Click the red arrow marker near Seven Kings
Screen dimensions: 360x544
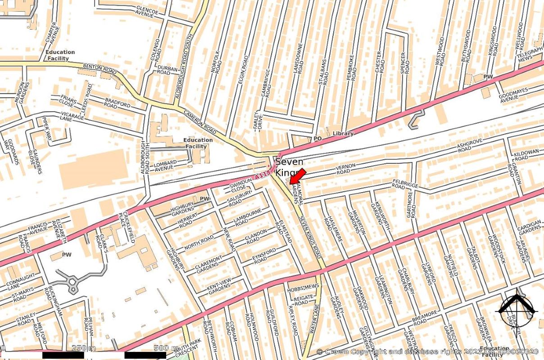[x=297, y=176]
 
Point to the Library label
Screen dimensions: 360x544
[x=343, y=134]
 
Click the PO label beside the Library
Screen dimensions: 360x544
[x=317, y=139]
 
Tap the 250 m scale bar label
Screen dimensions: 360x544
[x=84, y=348]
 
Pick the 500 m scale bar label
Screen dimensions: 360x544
[x=166, y=348]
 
